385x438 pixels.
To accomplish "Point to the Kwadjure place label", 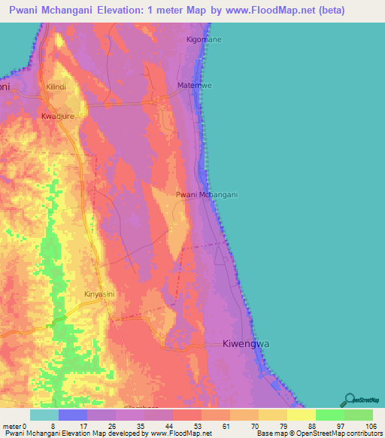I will click(x=60, y=117).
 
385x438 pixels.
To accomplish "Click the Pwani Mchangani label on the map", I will click(x=207, y=195).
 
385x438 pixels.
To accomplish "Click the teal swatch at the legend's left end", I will click(x=44, y=415).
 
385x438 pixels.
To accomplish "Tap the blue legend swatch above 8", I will click(x=73, y=415).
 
